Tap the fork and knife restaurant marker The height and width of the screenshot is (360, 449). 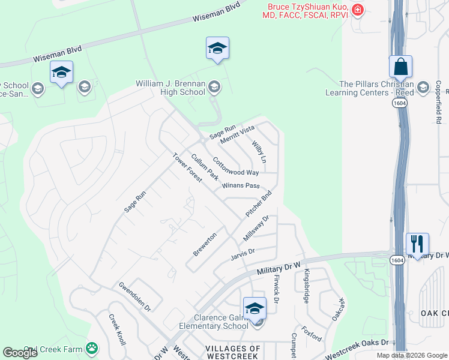(x=417, y=244)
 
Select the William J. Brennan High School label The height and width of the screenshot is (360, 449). (x=171, y=88)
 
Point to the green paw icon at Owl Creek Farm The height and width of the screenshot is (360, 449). (x=91, y=347)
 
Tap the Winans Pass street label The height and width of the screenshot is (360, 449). (x=240, y=186)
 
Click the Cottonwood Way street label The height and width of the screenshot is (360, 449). (x=235, y=167)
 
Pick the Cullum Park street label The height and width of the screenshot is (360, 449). (x=204, y=167)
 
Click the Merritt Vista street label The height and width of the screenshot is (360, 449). (x=238, y=134)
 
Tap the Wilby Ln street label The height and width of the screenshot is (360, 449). (x=259, y=152)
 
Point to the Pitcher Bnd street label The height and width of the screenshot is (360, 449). (x=259, y=204)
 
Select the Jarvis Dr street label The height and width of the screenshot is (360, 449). (x=243, y=254)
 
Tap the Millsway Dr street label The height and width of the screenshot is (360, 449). (x=255, y=229)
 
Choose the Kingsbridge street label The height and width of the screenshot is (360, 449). (x=306, y=286)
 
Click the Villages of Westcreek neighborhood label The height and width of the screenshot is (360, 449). (x=233, y=352)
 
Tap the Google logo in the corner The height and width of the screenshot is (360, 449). (x=20, y=353)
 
